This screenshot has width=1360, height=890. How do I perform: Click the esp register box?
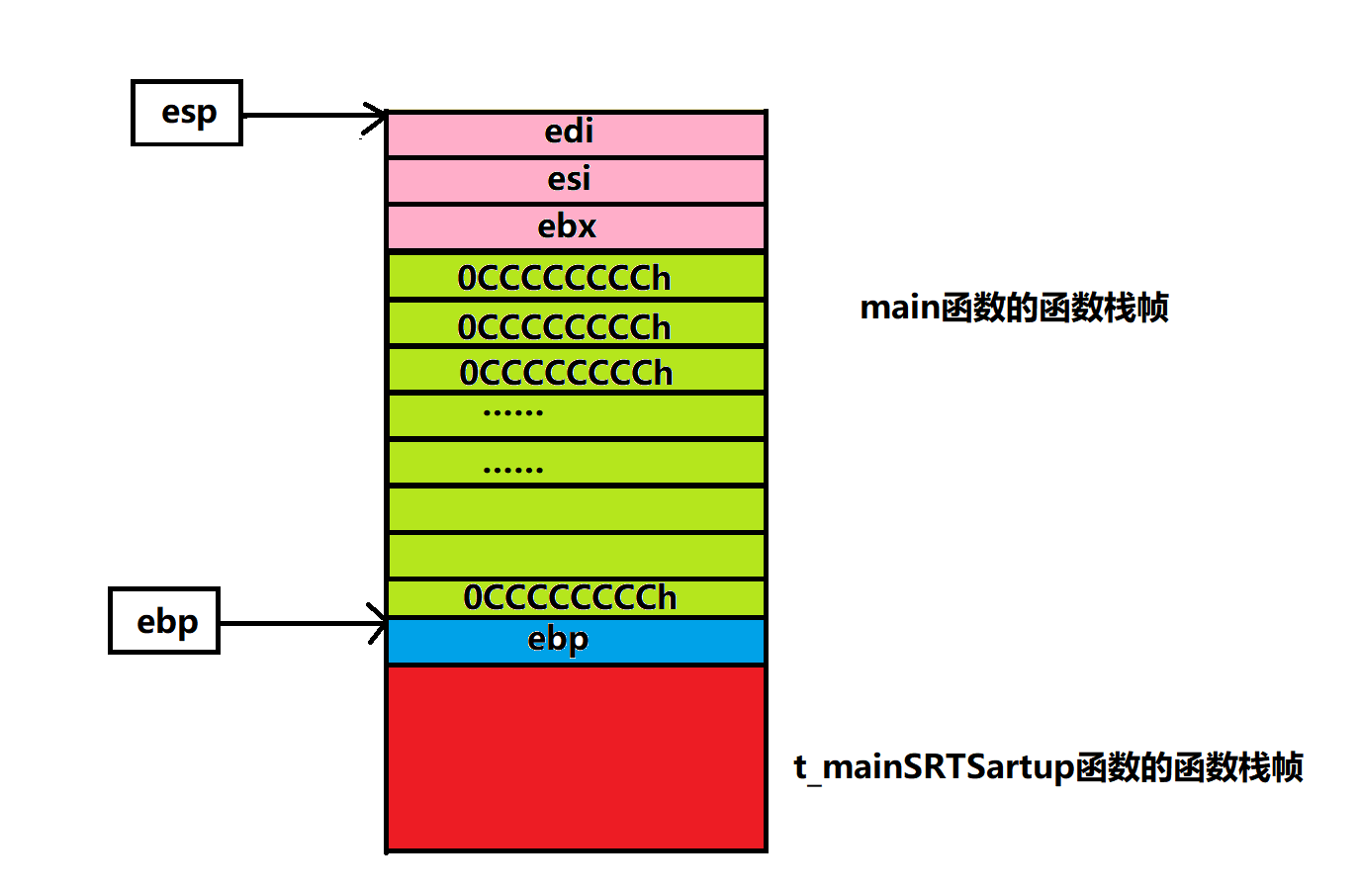[x=187, y=113]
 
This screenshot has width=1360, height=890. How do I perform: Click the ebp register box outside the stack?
[x=164, y=621]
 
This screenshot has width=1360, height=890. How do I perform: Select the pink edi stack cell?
[x=576, y=133]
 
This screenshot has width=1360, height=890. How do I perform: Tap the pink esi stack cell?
[x=576, y=180]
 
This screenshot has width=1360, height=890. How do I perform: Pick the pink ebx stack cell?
[x=576, y=227]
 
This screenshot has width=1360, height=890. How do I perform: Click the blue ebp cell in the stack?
[x=576, y=641]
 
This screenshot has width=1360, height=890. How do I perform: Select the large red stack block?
[x=576, y=757]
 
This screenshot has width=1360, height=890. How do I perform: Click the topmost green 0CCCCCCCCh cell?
[x=576, y=277]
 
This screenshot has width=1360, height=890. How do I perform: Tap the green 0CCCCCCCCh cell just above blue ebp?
[x=576, y=597]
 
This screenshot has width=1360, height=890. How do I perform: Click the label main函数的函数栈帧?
[x=1014, y=308]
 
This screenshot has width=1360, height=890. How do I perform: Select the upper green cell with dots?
[x=576, y=415]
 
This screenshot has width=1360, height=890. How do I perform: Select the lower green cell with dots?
[x=576, y=462]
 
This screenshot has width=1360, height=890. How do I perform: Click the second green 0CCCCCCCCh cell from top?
[x=576, y=324]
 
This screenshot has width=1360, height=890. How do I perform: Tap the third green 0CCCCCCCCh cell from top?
[x=576, y=371]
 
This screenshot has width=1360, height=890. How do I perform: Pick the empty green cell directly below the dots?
[x=576, y=509]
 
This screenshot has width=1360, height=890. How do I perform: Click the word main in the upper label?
[x=899, y=308]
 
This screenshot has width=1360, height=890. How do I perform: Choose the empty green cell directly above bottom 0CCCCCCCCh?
[x=576, y=556]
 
